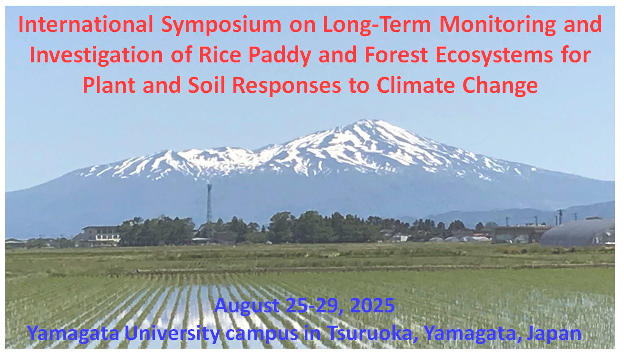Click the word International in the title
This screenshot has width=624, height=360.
86,24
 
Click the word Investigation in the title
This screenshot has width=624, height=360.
96,56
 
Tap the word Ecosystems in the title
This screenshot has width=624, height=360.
494,56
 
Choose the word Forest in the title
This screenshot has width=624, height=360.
396,55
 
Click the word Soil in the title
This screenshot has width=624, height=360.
206,85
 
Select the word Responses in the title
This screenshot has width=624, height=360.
286,86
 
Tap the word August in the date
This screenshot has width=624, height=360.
247,306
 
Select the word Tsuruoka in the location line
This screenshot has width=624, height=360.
373,333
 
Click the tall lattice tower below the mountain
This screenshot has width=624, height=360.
209,203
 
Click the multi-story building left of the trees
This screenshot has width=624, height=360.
101,236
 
